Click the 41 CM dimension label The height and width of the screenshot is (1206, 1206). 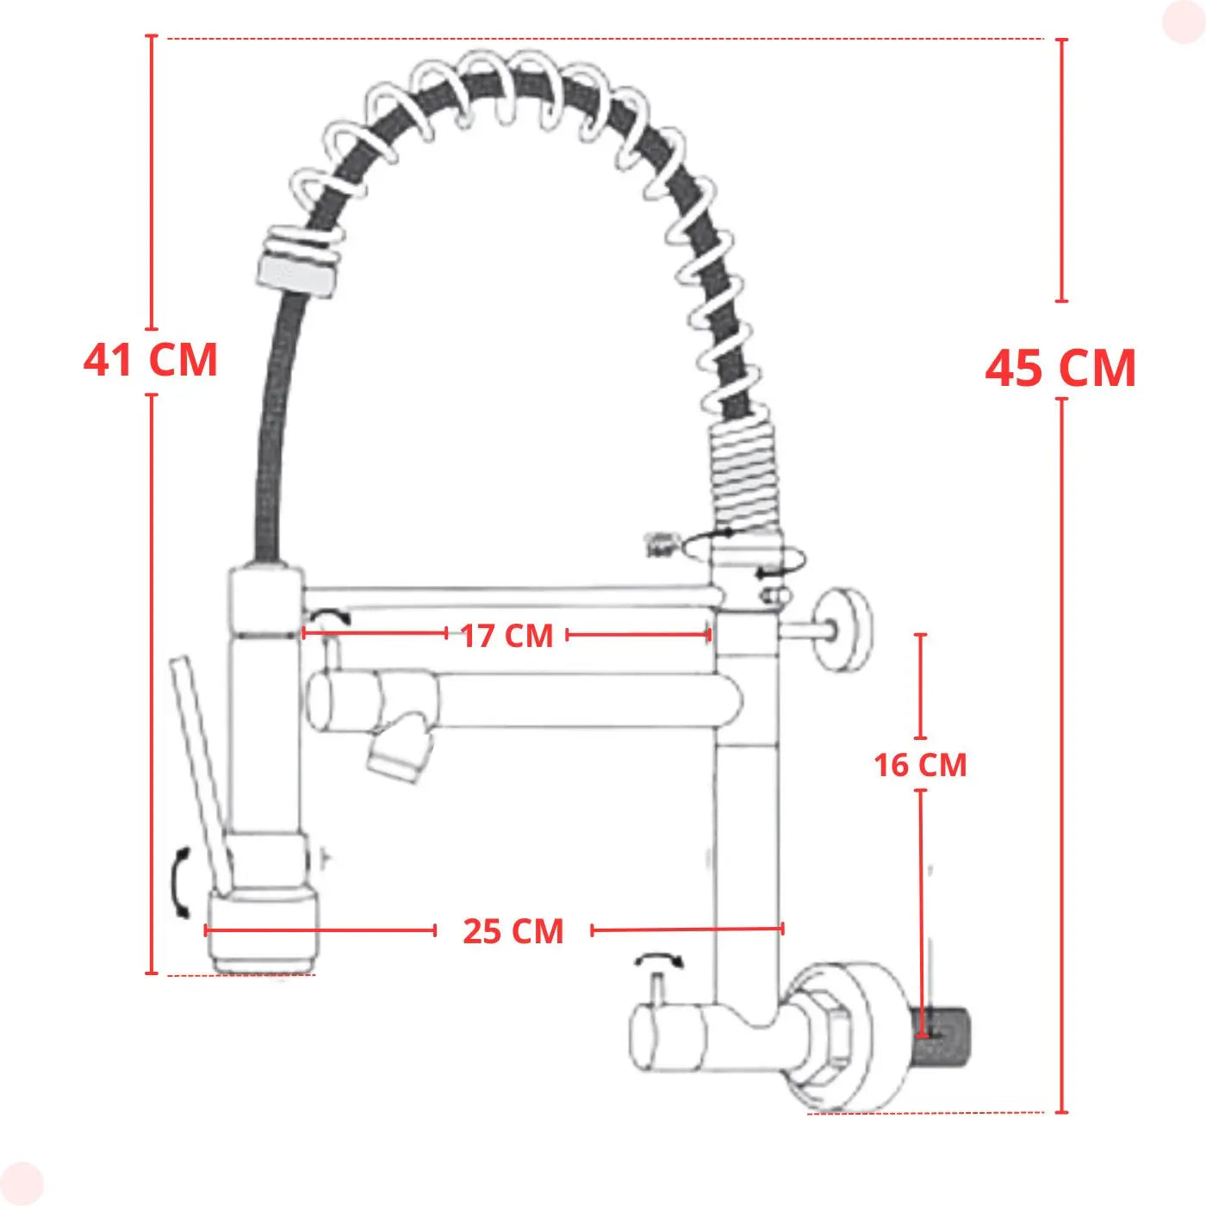150,360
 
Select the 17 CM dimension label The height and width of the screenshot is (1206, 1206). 507,636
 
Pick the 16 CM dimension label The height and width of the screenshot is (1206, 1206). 920,765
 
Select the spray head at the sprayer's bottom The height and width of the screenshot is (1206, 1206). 263,933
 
